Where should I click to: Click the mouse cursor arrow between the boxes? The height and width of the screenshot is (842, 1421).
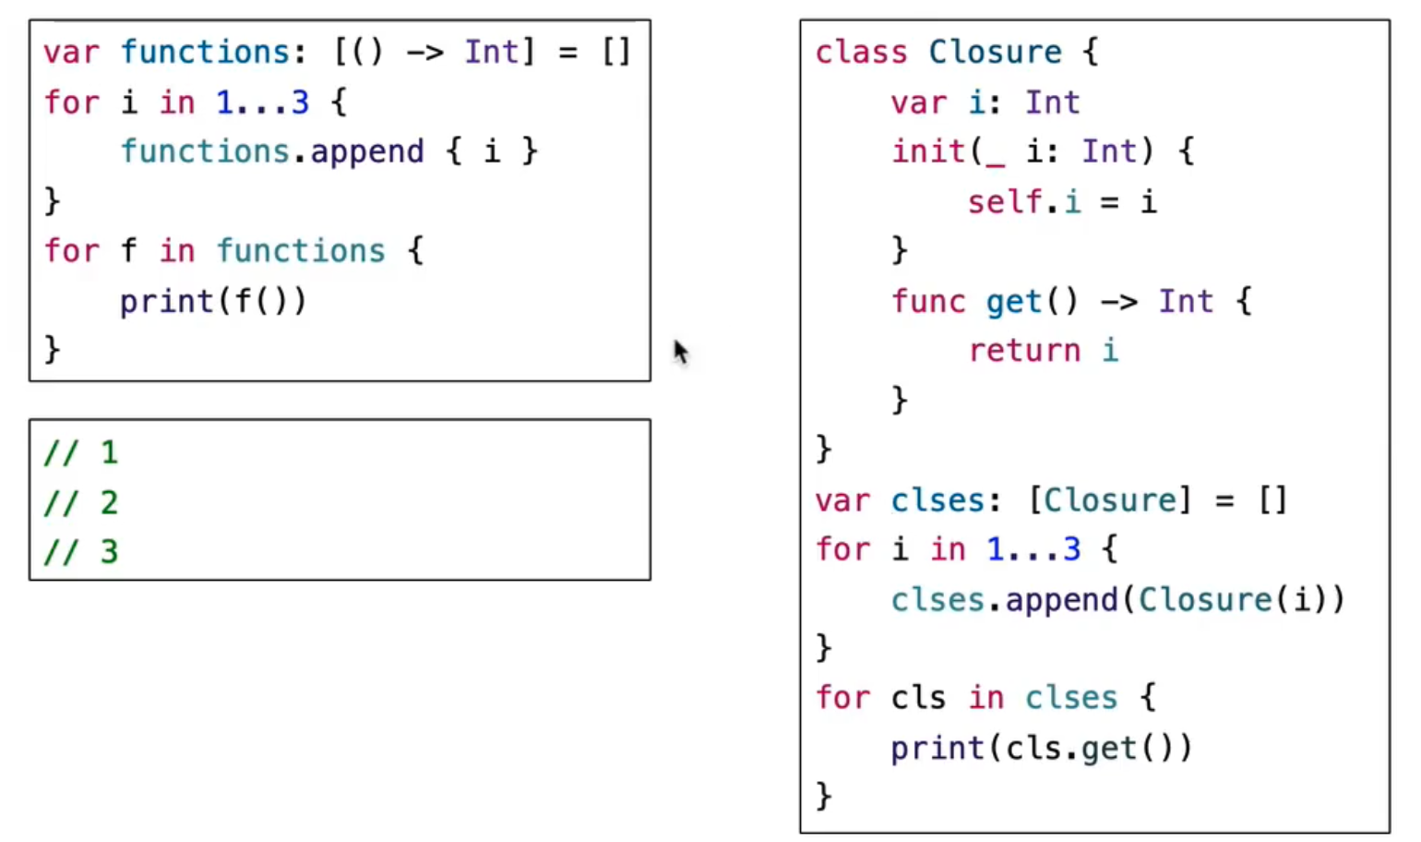point(681,352)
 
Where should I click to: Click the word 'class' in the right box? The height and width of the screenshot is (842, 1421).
point(860,52)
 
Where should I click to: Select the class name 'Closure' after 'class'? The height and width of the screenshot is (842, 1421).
point(995,52)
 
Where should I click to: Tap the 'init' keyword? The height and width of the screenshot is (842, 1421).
point(927,151)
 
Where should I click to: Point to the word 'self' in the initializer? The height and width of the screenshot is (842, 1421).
point(1005,201)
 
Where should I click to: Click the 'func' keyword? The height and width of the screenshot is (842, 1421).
point(927,301)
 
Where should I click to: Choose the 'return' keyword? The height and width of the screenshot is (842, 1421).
point(1023,351)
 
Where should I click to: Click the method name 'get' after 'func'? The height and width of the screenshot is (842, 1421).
point(1013,302)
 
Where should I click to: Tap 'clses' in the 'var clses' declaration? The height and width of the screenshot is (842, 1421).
point(937,500)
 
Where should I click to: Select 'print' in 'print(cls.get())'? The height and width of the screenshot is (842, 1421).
point(937,748)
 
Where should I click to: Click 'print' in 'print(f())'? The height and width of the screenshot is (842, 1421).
point(166,301)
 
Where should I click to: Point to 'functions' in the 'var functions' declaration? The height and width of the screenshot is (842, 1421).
point(206,52)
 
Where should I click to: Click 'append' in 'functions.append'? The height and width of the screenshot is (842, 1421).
point(367,151)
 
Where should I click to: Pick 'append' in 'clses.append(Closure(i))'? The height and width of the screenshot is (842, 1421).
point(1061,600)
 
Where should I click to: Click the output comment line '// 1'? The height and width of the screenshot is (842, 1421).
point(81,452)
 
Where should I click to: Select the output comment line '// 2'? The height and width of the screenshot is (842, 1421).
point(81,502)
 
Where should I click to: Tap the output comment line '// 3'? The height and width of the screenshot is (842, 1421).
point(81,552)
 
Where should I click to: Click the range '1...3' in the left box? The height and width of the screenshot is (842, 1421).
point(262,102)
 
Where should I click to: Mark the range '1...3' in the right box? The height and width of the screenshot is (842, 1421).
point(1033,550)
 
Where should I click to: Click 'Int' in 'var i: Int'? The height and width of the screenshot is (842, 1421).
point(1052,102)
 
